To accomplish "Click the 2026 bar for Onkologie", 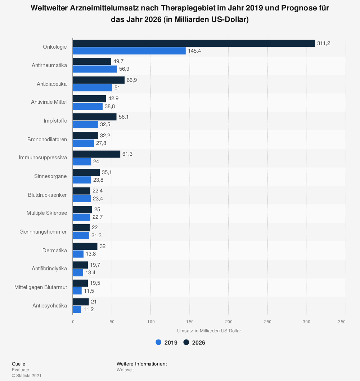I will [194, 43].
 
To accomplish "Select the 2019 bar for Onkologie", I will [129, 51].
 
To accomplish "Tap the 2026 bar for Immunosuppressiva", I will [96, 154].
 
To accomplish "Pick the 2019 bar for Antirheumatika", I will [95, 69].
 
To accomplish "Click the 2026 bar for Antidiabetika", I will [99, 80].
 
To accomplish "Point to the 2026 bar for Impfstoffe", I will [95, 117].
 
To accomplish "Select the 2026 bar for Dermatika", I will [85, 246].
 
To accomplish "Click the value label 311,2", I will [324, 43].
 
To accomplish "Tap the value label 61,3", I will [127, 154].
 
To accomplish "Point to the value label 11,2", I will [89, 309].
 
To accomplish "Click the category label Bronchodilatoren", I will [47, 139].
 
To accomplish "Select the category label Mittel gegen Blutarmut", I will [41, 287].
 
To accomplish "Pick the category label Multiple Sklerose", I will [47, 213].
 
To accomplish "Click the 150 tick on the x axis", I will [190, 322].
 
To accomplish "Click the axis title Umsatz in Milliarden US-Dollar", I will [209, 331].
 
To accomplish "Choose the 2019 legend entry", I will [167, 342].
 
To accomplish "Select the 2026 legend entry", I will [194, 342].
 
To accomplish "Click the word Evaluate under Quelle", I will [21, 369].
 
